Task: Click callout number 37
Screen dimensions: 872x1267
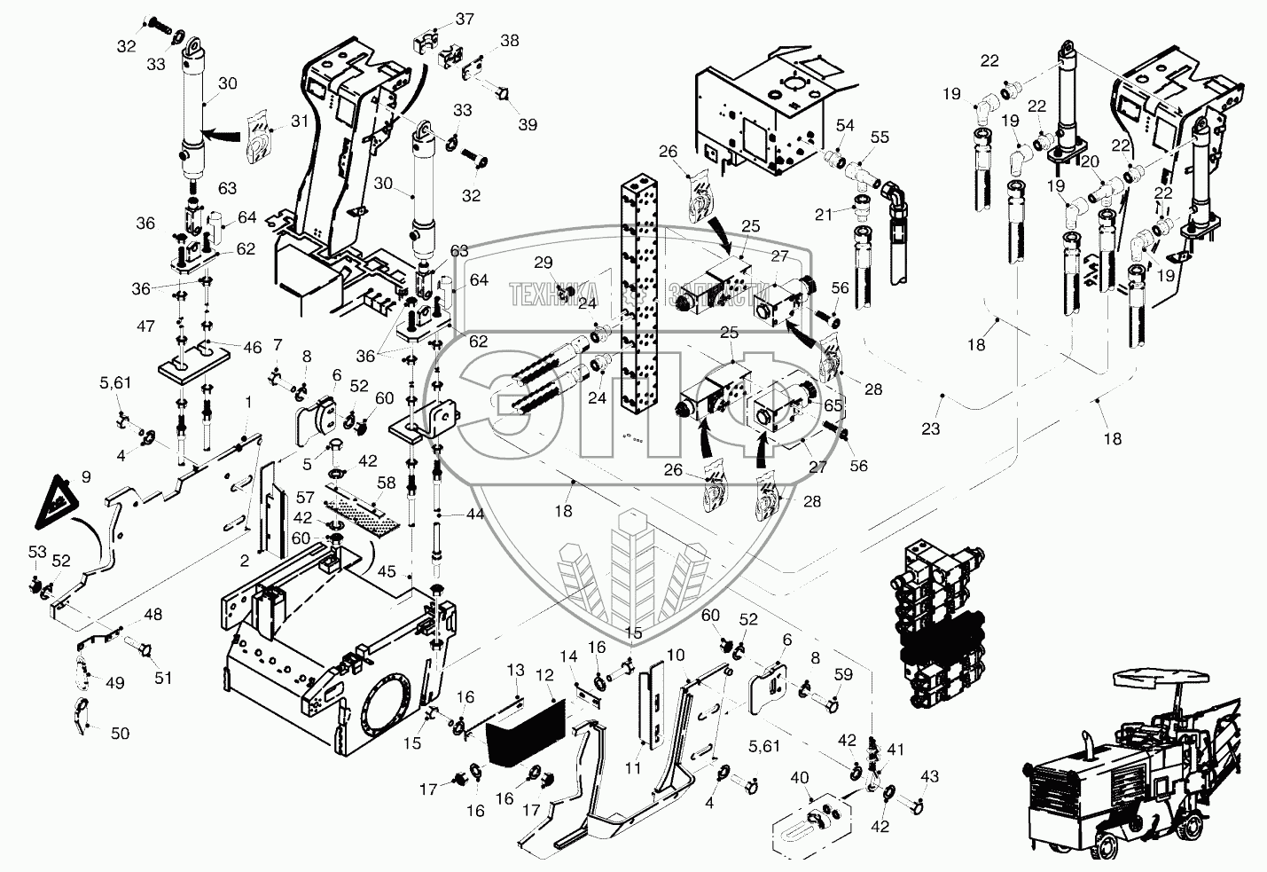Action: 465,19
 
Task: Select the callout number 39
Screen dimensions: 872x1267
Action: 528,125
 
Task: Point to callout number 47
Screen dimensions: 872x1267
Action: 145,327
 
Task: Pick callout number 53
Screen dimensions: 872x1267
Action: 36,553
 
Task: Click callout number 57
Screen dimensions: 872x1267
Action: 306,498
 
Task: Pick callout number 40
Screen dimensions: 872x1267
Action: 799,778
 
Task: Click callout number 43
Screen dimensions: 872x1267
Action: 927,777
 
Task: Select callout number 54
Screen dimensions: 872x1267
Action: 845,127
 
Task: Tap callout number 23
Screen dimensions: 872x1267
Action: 930,429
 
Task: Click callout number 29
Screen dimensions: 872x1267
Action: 543,262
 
